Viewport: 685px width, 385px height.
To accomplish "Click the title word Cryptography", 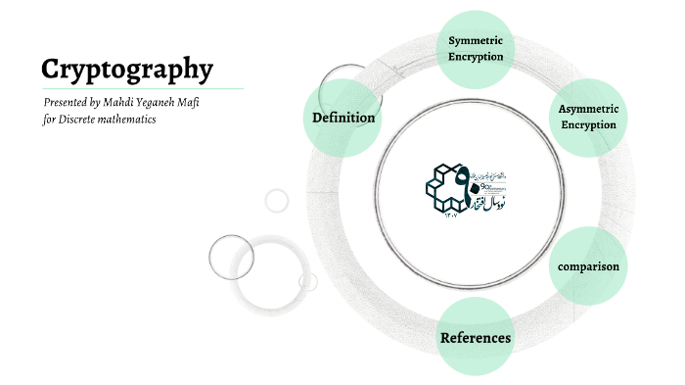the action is coord(127,69).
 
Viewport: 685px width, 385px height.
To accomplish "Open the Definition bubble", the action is coord(343,118).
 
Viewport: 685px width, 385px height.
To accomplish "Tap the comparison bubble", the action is coord(588,266).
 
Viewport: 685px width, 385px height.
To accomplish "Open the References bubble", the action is coord(476,338).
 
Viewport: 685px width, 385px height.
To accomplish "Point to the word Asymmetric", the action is coord(588,109).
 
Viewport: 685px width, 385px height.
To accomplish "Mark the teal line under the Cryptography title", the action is coord(142,88).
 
